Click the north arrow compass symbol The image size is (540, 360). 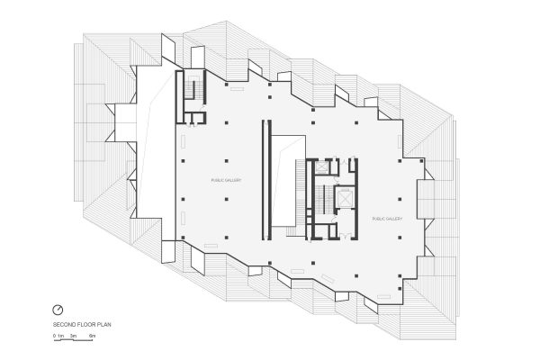58,310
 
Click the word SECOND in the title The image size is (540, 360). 63,323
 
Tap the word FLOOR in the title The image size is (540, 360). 82,323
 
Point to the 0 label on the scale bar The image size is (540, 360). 54,335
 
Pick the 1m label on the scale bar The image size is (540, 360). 61,335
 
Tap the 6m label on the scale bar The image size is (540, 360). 92,335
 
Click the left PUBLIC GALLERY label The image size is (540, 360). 226,180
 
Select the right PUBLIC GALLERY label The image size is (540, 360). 386,218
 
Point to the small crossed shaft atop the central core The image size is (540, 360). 331,165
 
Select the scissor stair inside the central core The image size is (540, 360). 316,198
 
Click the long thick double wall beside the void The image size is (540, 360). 265,180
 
